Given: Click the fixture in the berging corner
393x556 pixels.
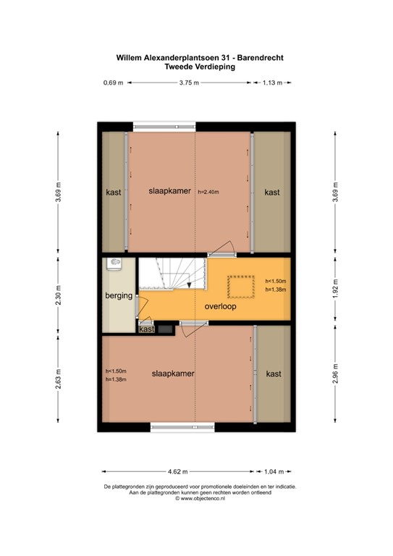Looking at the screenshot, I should [114, 265].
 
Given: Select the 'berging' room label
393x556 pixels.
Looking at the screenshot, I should [117, 295].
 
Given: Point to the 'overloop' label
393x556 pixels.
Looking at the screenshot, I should [220, 306].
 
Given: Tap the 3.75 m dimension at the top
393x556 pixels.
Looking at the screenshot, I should [189, 83].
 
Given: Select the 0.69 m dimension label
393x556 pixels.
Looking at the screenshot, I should [112, 83].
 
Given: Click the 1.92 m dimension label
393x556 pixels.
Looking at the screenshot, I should [334, 287].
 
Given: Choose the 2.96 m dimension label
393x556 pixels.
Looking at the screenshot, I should [334, 377].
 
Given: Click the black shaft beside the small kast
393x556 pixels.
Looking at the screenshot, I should [165, 329].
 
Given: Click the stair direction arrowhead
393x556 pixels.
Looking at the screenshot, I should [189, 287].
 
